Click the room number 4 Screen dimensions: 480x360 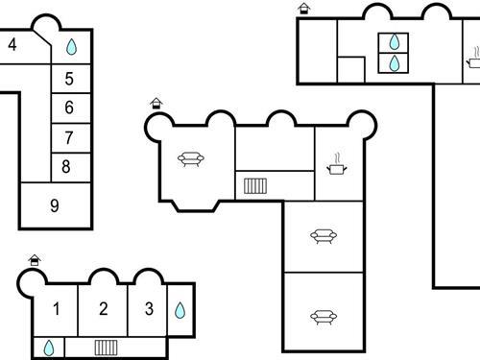tap(12, 44)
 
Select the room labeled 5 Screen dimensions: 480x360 tap(68, 79)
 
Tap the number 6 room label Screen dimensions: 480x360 tap(68, 108)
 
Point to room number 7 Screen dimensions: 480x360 tap(68, 137)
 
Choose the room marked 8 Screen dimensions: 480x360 tap(65, 166)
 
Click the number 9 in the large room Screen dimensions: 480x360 tap(54, 204)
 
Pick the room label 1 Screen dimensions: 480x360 tap(57, 308)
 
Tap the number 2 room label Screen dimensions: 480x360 tap(103, 308)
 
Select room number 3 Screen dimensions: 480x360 tap(148, 308)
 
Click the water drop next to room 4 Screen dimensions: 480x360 tap(71, 46)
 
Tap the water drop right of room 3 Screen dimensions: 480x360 tap(180, 310)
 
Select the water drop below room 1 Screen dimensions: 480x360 tap(48, 347)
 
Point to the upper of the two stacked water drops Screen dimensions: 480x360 tap(395, 42)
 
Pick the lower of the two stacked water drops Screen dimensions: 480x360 tap(395, 63)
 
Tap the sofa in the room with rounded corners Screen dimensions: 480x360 tap(188, 158)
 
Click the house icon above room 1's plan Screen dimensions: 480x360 tap(36, 259)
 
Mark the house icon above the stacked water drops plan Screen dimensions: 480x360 tap(304, 9)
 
